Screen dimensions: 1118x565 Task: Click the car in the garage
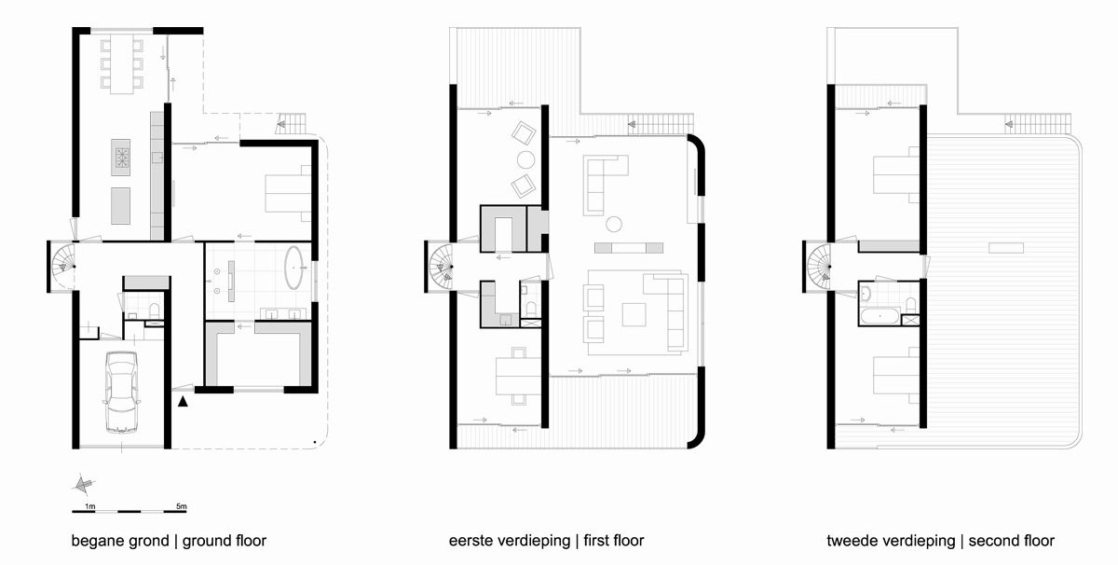tap(121, 392)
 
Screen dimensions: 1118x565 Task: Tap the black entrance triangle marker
tap(184, 401)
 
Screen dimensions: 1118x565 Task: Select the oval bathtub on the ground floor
tap(294, 268)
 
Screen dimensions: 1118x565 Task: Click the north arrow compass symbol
tap(83, 484)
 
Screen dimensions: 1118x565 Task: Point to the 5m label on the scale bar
tap(181, 506)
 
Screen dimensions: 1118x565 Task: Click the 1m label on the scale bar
tap(89, 506)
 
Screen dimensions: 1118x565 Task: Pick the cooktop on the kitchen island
tap(122, 158)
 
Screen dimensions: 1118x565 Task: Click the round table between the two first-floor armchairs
tap(525, 159)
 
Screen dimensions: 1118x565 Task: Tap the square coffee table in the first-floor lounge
tap(634, 315)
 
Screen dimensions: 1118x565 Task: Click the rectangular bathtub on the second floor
tap(879, 316)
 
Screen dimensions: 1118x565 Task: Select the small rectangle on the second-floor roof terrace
tap(1006, 247)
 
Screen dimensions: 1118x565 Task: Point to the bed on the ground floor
tap(289, 193)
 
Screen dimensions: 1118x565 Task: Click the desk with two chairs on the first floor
tap(519, 376)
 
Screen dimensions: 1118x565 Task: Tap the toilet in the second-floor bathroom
tap(911, 304)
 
